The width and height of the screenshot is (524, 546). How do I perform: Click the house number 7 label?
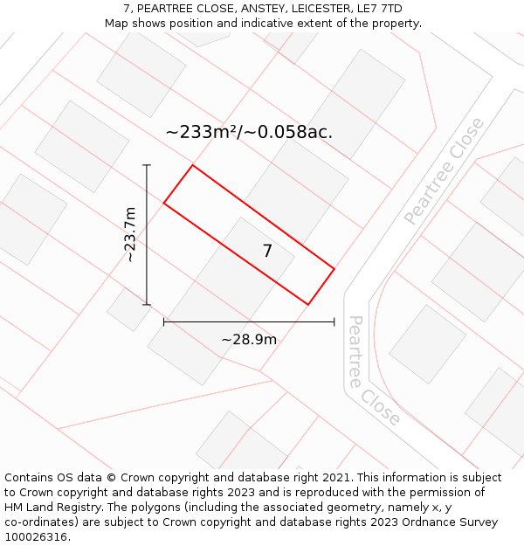click(267, 252)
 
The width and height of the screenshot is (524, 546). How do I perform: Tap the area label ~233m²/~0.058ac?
click(249, 132)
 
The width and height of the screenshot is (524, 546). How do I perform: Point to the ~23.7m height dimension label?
click(130, 234)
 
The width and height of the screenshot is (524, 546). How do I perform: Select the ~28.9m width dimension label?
click(248, 340)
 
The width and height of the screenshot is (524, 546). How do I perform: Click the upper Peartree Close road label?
click(445, 171)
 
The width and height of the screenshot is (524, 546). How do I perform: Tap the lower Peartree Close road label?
click(373, 371)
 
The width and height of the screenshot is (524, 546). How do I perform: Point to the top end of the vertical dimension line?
click(147, 165)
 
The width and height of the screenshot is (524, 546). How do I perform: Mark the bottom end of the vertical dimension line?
click(147, 305)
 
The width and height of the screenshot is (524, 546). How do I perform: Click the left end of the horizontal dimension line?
click(164, 322)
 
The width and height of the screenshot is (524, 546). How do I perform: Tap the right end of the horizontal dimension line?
click(334, 322)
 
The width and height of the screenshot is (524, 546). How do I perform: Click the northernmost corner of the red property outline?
click(192, 165)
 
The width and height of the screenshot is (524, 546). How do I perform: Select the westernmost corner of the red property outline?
click(164, 204)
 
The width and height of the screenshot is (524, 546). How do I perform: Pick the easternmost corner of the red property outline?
click(334, 268)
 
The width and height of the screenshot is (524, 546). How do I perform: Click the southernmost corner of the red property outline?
click(307, 305)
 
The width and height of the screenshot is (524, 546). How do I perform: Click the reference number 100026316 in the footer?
click(36, 536)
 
